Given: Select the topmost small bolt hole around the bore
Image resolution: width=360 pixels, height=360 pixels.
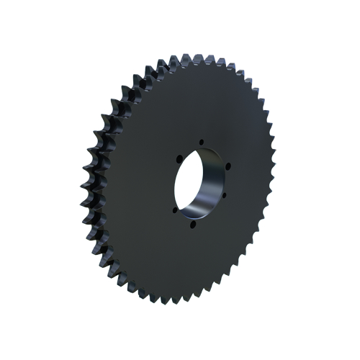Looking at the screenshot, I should (x=202, y=141).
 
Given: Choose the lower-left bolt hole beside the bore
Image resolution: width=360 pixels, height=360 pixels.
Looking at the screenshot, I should (x=175, y=210).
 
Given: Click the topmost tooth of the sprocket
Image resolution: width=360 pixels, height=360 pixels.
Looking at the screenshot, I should (x=189, y=58).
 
